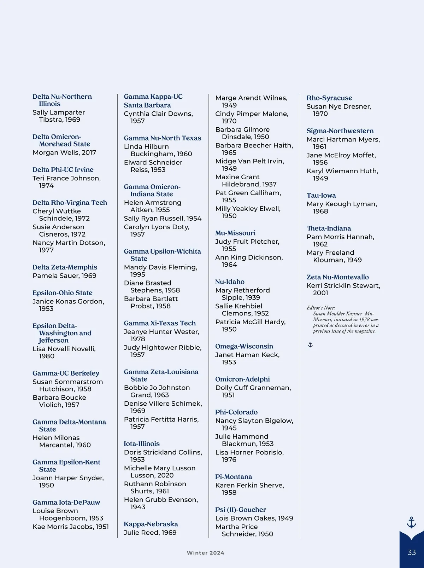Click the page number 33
[412, 552]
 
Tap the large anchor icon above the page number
[411, 522]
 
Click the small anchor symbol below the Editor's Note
[310, 344]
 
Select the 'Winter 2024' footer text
[205, 553]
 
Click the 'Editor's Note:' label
[321, 308]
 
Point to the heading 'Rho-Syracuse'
[329, 98]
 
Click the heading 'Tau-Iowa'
[321, 195]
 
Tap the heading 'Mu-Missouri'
[235, 233]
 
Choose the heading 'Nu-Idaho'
[230, 282]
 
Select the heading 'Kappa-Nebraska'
[151, 524]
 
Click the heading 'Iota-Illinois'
[142, 444]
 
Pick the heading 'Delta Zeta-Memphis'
[65, 267]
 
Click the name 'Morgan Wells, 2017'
[64, 152]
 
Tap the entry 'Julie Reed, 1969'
[150, 533]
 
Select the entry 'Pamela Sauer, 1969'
[64, 276]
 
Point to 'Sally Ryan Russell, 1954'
[163, 218]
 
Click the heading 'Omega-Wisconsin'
[244, 346]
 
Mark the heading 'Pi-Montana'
[234, 477]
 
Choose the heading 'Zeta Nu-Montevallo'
[337, 277]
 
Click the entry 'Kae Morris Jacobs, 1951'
[71, 527]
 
